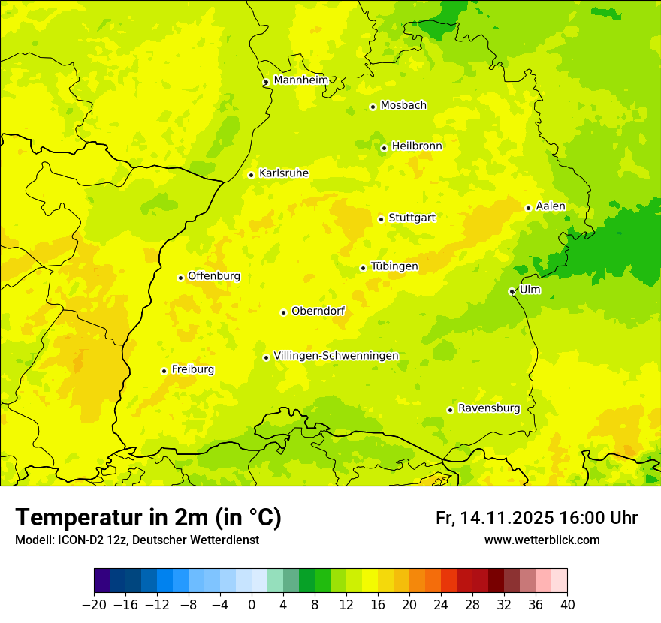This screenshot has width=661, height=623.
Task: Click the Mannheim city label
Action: click(300, 80)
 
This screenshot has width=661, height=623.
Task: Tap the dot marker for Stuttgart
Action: click(381, 219)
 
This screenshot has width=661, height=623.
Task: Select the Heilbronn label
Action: click(417, 146)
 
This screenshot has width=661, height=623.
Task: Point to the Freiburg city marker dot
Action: click(164, 371)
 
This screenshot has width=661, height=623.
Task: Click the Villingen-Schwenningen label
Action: click(336, 356)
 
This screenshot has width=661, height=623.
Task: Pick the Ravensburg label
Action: click(489, 408)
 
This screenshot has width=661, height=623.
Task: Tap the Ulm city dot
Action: click(512, 291)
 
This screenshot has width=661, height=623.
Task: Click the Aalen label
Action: click(551, 206)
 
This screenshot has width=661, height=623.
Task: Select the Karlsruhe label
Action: click(284, 173)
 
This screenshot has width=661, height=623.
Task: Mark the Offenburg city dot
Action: click(180, 278)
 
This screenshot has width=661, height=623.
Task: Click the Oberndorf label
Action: click(318, 311)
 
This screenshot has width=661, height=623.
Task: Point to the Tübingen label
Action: click(394, 266)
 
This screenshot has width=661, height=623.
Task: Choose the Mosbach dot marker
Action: click(373, 107)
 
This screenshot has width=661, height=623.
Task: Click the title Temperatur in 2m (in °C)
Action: click(148, 517)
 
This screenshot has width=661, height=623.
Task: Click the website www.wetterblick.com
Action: click(542, 540)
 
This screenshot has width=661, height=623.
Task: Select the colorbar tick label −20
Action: click(94, 605)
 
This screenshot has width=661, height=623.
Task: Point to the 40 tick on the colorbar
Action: click(567, 605)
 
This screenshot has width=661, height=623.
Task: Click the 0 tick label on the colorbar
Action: click(252, 605)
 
